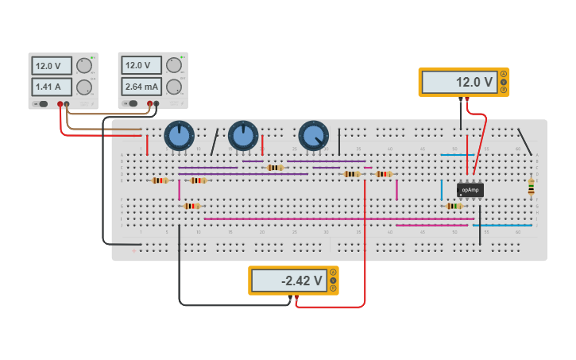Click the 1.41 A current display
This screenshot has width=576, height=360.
tap(52, 87)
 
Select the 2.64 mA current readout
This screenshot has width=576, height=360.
tap(141, 86)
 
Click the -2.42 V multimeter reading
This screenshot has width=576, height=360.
tap(288, 281)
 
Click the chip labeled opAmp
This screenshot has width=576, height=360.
tap(470, 190)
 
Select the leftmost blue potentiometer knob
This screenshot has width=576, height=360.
tap(180, 136)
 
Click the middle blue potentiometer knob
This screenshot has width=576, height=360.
tap(243, 136)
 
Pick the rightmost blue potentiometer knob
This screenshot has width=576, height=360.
tap(313, 136)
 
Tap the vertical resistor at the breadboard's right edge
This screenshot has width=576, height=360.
tap(531, 187)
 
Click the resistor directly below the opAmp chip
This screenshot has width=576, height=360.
tap(454, 206)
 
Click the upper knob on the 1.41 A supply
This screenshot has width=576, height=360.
tap(84, 67)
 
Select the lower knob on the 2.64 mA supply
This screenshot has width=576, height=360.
tap(174, 86)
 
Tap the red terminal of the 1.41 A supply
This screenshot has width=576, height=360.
tap(60, 104)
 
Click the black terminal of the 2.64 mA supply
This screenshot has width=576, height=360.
tap(157, 103)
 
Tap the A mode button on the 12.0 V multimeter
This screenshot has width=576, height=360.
tap(503, 74)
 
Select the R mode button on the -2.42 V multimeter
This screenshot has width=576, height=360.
tap(333, 288)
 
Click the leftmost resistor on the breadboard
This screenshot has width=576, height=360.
tap(160, 180)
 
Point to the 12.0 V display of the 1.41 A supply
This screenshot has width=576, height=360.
tap(52, 66)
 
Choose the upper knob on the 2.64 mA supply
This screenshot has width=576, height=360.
tap(174, 66)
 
